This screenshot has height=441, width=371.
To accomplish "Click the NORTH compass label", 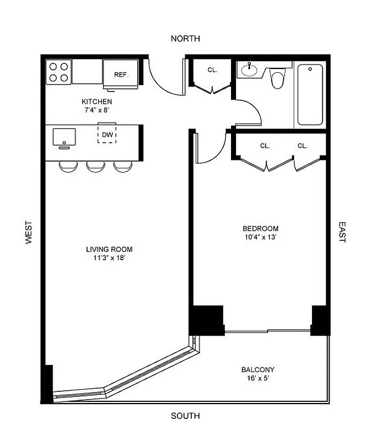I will pyautogui.click(x=185, y=39).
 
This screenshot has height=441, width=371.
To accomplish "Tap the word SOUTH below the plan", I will pyautogui.click(x=185, y=416).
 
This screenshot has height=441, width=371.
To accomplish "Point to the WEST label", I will pyautogui.click(x=29, y=233).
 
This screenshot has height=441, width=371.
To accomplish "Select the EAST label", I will pyautogui.click(x=342, y=233).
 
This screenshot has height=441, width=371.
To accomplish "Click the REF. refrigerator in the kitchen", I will pyautogui.click(x=121, y=74).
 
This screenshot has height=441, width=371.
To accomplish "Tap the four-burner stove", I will pyautogui.click(x=58, y=72).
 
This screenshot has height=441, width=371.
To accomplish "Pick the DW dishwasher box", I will pyautogui.click(x=107, y=133).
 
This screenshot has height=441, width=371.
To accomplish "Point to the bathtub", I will pyautogui.click(x=311, y=95).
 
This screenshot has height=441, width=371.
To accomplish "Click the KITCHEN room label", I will pyautogui.click(x=97, y=101).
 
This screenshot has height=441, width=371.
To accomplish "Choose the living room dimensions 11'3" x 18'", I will pyautogui.click(x=109, y=257).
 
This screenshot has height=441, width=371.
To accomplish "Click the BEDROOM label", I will pyautogui.click(x=260, y=228).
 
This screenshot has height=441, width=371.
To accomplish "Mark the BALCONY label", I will pyautogui.click(x=258, y=370).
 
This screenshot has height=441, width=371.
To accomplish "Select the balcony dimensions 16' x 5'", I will pyautogui.click(x=258, y=379).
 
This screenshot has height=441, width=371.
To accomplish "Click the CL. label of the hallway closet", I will pyautogui.click(x=212, y=70).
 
